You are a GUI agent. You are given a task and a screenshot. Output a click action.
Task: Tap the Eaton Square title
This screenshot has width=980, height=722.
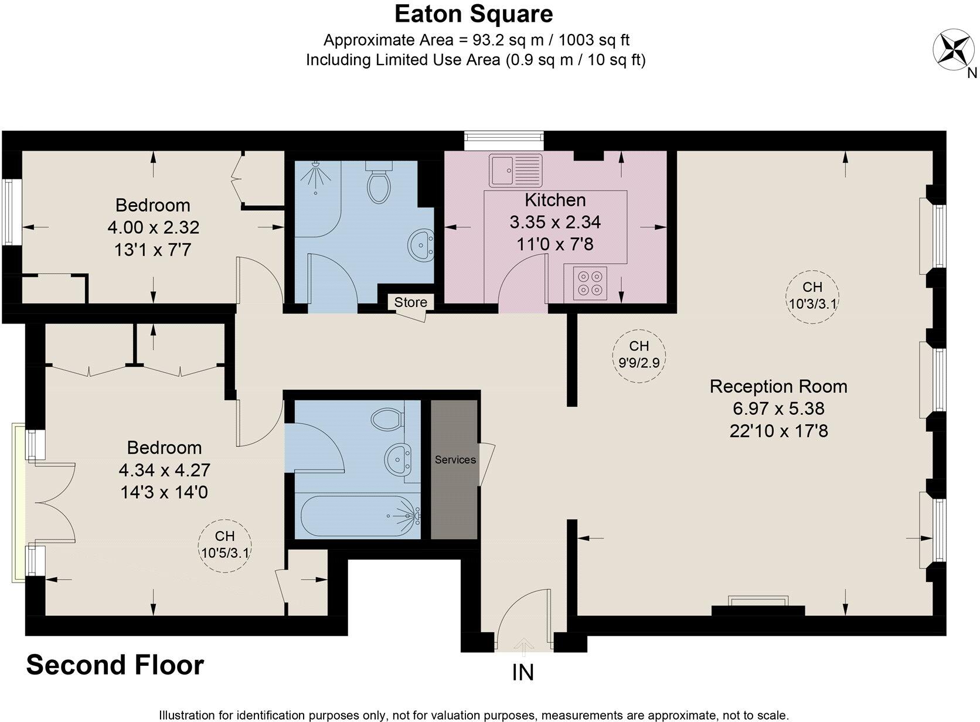pos(473,14)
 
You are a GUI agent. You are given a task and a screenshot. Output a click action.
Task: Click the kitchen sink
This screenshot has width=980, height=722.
pos(516,170)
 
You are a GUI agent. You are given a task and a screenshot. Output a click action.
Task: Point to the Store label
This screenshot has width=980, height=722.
pos(410,302)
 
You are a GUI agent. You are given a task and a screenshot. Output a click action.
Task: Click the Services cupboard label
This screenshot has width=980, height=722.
pos(455,460)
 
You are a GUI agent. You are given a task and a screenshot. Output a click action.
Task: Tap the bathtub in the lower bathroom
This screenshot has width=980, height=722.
pos(359,516)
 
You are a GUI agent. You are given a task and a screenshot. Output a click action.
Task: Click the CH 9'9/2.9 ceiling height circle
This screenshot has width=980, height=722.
pos(639,355)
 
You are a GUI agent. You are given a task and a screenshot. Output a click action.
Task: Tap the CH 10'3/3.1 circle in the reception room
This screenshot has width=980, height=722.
pos(812,295)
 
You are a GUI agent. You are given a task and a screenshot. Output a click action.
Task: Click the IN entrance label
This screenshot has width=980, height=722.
pos(523,672)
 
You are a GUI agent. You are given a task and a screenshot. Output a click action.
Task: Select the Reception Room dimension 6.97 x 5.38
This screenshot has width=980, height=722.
pos(778,408)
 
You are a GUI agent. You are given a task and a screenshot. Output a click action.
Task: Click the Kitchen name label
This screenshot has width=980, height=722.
pos(555,200)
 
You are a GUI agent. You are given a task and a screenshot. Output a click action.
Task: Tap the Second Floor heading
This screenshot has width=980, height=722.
pos(115,665)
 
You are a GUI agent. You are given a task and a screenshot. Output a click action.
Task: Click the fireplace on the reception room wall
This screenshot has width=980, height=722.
pos(758,607)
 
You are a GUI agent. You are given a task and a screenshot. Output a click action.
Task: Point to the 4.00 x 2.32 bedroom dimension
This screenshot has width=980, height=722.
pos(154,227)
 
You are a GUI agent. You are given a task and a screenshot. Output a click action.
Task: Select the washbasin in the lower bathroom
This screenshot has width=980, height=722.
pos(401,459)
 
